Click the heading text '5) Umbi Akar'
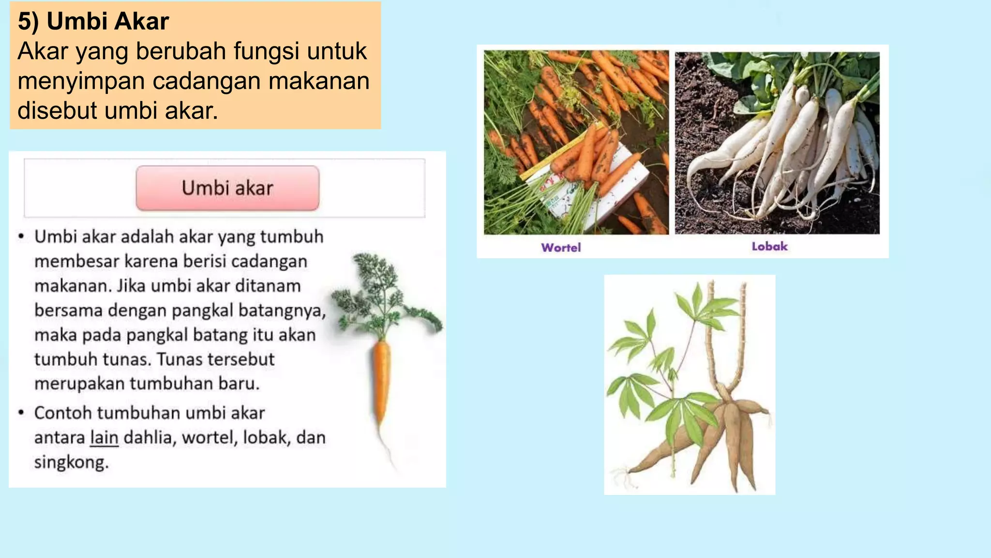93,21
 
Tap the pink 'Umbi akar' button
227,188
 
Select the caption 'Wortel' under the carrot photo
561,248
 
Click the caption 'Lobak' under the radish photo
769,247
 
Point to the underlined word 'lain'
104,438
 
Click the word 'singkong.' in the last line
71,463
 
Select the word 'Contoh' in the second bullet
62,413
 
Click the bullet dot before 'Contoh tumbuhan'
21,413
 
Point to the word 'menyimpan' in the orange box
81,81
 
